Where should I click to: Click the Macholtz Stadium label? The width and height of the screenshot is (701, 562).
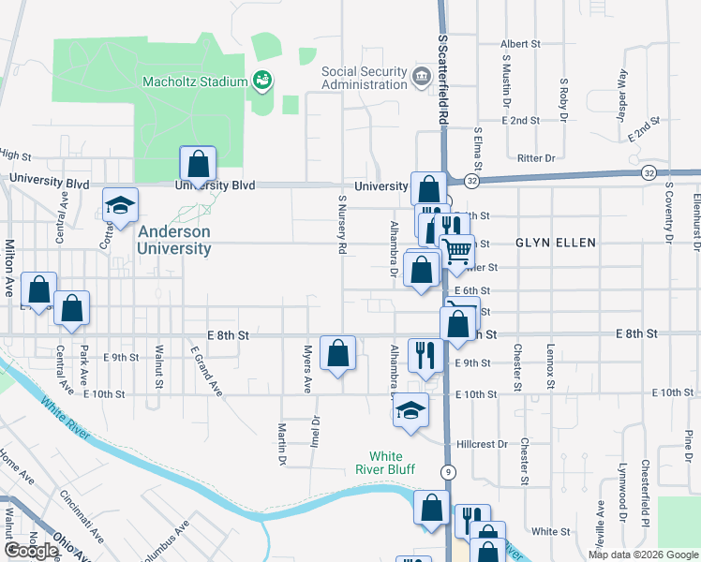193,81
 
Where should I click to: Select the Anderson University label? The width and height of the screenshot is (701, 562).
174,240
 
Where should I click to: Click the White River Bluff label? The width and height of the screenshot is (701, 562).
384,463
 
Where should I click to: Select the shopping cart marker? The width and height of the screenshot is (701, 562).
456,252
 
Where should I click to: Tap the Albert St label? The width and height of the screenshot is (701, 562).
521,44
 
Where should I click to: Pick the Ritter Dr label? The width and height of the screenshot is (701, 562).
536,158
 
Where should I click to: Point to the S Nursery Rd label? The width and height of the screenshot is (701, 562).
343,225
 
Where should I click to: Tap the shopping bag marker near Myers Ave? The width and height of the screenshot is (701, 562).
338,354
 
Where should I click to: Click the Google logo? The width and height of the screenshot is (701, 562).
31,551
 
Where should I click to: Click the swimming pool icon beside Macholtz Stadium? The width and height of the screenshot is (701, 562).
262,81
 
